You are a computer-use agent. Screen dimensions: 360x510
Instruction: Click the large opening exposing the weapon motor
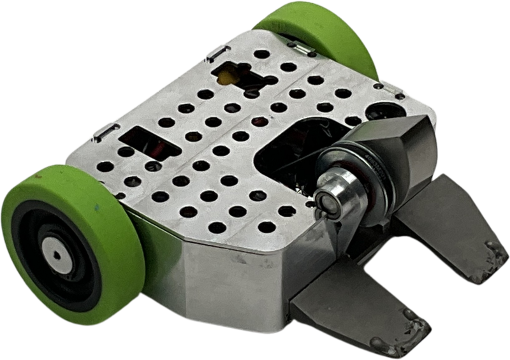click(x=287, y=153)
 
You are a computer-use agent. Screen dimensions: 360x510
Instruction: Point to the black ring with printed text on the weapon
click(x=370, y=172)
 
